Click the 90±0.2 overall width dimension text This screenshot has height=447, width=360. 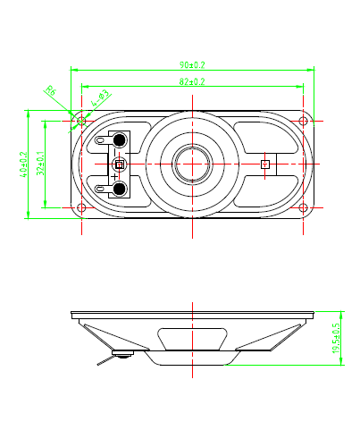point(192,65)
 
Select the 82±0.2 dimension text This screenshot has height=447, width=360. point(192,82)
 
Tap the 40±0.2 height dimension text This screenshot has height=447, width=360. point(23,163)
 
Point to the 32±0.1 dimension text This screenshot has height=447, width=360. point(40,163)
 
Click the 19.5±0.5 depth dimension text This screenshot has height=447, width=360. point(336,339)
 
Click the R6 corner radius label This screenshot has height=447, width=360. point(51,90)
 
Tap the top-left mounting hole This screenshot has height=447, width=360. point(82,120)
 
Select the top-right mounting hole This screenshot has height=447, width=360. point(304,120)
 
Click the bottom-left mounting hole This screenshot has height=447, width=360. point(82,207)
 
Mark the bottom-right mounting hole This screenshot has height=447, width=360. point(304,207)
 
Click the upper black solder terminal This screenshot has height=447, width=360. point(118,140)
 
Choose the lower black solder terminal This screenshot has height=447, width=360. point(118,187)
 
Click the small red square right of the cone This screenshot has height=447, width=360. point(264,164)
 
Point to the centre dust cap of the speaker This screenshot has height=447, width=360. point(193,164)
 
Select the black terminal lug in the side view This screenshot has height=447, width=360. point(121,356)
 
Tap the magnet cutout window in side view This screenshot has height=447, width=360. point(193,340)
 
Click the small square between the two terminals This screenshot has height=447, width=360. point(118,164)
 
